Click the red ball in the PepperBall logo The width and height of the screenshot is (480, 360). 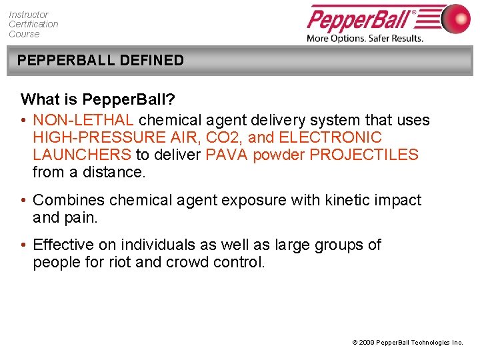pyautogui.click(x=456, y=19)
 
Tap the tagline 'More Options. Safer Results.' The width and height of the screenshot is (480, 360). pyautogui.click(x=365, y=38)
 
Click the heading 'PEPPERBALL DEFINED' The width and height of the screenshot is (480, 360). pyautogui.click(x=101, y=60)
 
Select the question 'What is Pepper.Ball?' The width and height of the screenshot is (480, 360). pyautogui.click(x=98, y=99)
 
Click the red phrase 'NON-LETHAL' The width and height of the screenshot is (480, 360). pyautogui.click(x=84, y=120)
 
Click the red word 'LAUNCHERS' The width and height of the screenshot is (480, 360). pyautogui.click(x=81, y=155)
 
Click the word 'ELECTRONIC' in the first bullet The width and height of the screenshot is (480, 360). pyautogui.click(x=331, y=137)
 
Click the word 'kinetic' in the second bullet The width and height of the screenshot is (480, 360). pyautogui.click(x=343, y=200)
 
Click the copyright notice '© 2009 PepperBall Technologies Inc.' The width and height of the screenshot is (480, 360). pyautogui.click(x=407, y=342)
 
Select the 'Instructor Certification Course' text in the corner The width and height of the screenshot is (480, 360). pyautogui.click(x=33, y=24)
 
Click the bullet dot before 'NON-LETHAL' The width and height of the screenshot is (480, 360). pyautogui.click(x=24, y=121)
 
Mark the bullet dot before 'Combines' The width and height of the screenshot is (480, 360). pyautogui.click(x=24, y=201)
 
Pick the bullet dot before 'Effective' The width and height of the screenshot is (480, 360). pyautogui.click(x=24, y=245)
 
